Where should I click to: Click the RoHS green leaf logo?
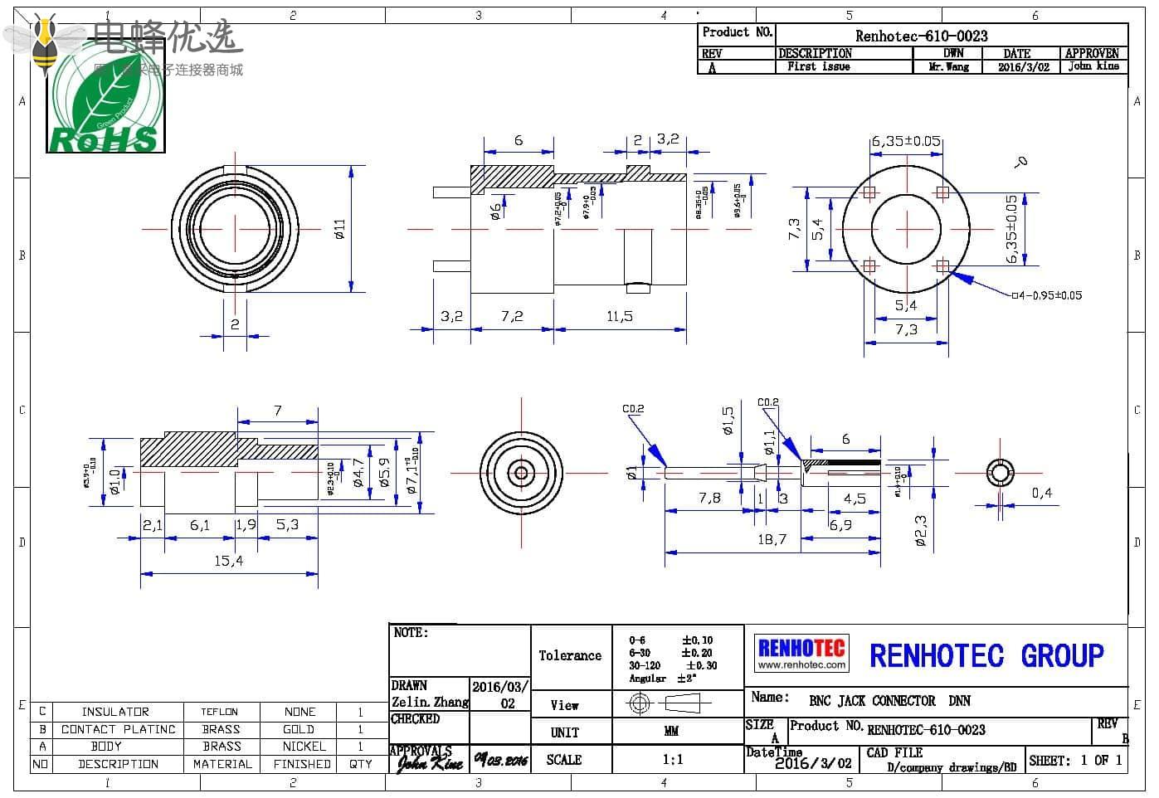(x=105, y=100)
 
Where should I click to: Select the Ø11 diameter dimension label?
(x=339, y=230)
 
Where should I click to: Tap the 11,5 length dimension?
(x=620, y=316)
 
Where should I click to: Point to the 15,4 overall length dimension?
(x=228, y=562)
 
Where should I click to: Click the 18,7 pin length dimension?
(x=772, y=539)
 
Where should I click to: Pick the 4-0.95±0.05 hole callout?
(x=1047, y=295)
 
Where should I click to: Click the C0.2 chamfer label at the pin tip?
(x=633, y=409)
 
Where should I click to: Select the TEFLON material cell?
(x=220, y=712)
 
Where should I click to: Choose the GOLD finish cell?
(x=299, y=729)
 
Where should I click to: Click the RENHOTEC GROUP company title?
(x=986, y=656)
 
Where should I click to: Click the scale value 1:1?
(x=673, y=759)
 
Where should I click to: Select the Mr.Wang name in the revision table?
(x=948, y=67)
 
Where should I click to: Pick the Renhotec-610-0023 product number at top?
(x=921, y=36)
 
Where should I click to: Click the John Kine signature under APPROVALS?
(x=429, y=762)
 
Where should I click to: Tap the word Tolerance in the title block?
(x=570, y=655)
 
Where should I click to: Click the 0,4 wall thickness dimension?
(x=1041, y=494)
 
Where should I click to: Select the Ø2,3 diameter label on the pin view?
(x=921, y=532)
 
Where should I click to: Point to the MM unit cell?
(x=671, y=732)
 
